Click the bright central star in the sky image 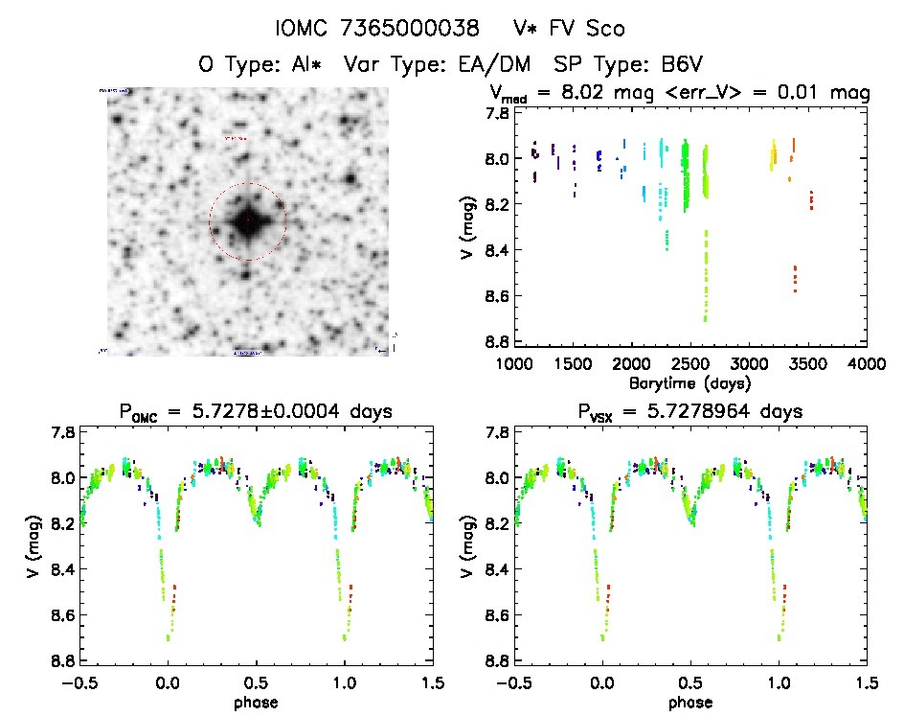247,221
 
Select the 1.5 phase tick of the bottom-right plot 866,683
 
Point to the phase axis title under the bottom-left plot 257,702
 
